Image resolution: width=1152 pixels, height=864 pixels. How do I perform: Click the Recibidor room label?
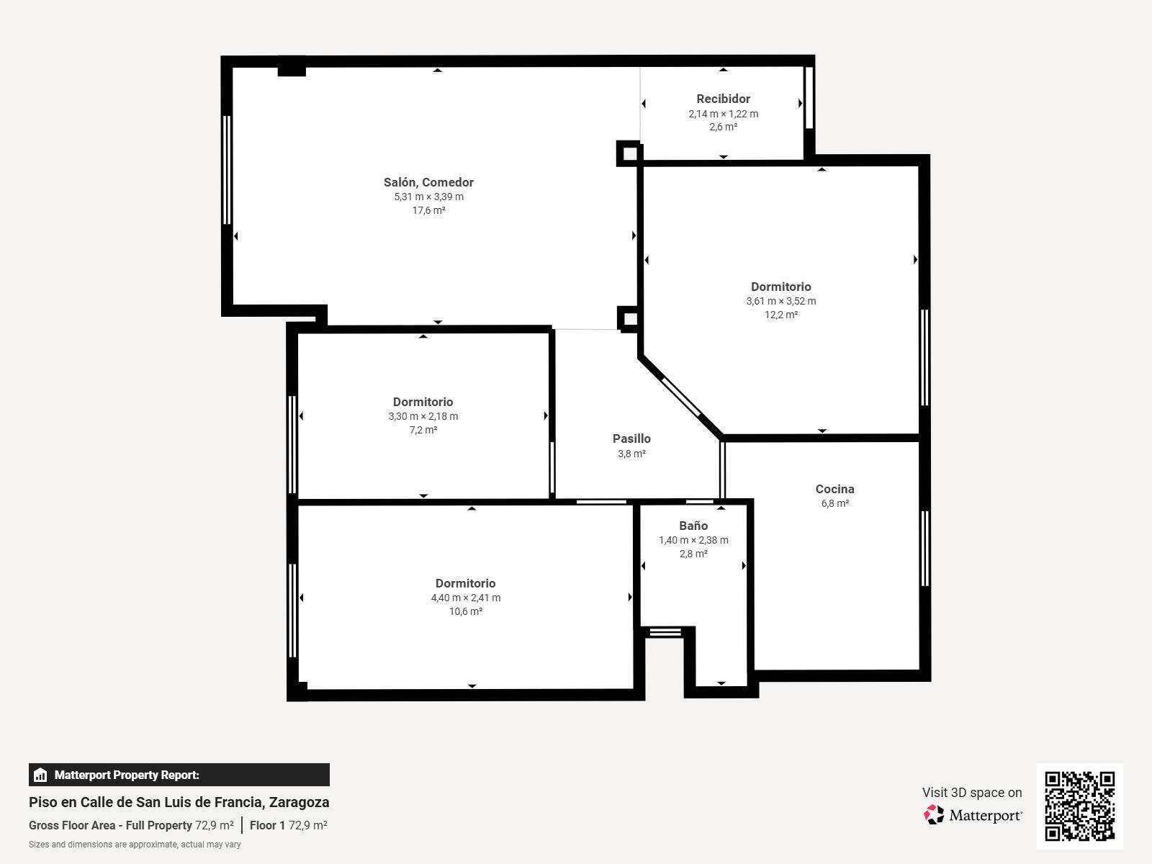point(723,99)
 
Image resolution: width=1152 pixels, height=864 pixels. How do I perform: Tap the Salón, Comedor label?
point(428,182)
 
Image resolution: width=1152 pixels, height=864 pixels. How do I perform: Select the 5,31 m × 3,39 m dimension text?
point(428,197)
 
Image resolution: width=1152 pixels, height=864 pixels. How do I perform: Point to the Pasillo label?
point(631,438)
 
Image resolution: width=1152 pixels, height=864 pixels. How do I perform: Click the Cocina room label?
point(834,489)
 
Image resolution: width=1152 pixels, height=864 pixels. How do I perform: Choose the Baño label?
point(693,526)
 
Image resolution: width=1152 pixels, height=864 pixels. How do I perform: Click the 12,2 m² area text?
point(780,315)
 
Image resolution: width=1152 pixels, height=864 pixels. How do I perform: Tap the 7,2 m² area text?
point(423,430)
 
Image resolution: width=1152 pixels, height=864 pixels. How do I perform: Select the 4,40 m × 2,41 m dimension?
point(465,598)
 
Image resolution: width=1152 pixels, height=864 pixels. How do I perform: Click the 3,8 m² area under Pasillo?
point(631,454)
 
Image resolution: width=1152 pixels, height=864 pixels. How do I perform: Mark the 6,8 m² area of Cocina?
point(834,503)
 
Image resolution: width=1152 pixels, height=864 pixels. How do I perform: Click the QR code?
point(1079,806)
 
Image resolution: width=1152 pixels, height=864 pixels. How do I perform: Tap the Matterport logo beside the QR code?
point(973,815)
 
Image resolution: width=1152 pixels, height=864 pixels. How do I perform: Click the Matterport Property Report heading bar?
point(179,775)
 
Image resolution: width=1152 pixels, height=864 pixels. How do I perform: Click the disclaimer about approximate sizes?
point(135,845)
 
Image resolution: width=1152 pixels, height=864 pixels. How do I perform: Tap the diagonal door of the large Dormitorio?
point(680,397)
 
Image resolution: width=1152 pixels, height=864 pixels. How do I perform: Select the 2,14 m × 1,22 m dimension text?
point(723,114)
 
